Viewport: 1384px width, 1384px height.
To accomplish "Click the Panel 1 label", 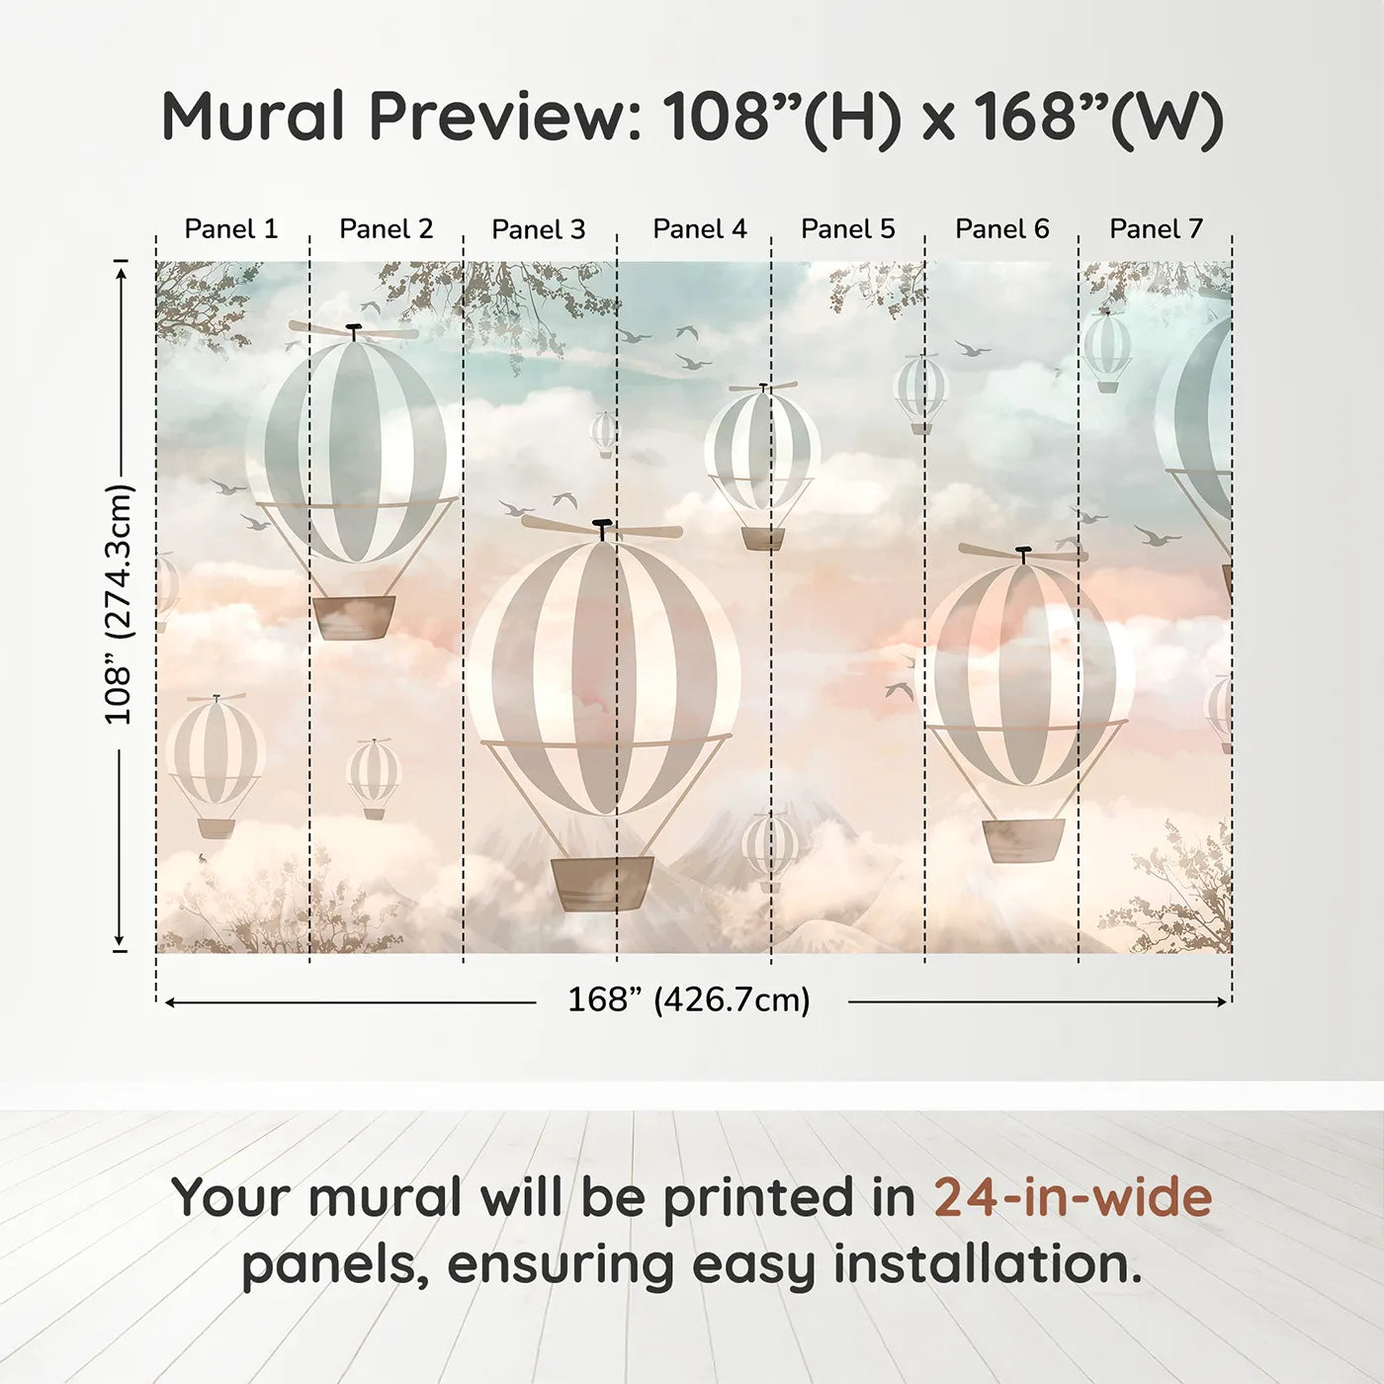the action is tap(230, 228).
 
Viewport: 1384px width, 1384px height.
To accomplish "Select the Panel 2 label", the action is tap(387, 228).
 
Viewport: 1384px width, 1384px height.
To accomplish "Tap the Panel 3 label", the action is tap(539, 229).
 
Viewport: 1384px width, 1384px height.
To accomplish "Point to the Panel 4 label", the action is tap(700, 228).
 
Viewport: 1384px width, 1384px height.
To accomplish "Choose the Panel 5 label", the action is tap(848, 228).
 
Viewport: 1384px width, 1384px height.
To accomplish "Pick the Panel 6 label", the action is tap(1001, 228).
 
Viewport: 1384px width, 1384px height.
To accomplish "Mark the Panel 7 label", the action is tap(1156, 228).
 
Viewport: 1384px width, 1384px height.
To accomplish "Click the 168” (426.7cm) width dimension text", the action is tap(689, 999).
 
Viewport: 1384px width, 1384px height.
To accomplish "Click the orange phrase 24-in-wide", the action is tap(1073, 1197).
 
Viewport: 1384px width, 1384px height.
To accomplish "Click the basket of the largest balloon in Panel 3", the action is tap(603, 884).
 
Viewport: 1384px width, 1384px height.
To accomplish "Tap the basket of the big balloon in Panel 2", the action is tap(354, 617).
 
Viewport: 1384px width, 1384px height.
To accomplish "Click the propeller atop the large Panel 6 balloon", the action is tap(1023, 554).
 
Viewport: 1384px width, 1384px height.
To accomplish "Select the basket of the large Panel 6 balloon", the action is tap(1023, 840).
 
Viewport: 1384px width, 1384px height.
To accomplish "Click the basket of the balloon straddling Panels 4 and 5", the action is tap(763, 539).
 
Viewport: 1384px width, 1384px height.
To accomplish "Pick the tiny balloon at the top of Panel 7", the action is tap(1107, 352).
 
